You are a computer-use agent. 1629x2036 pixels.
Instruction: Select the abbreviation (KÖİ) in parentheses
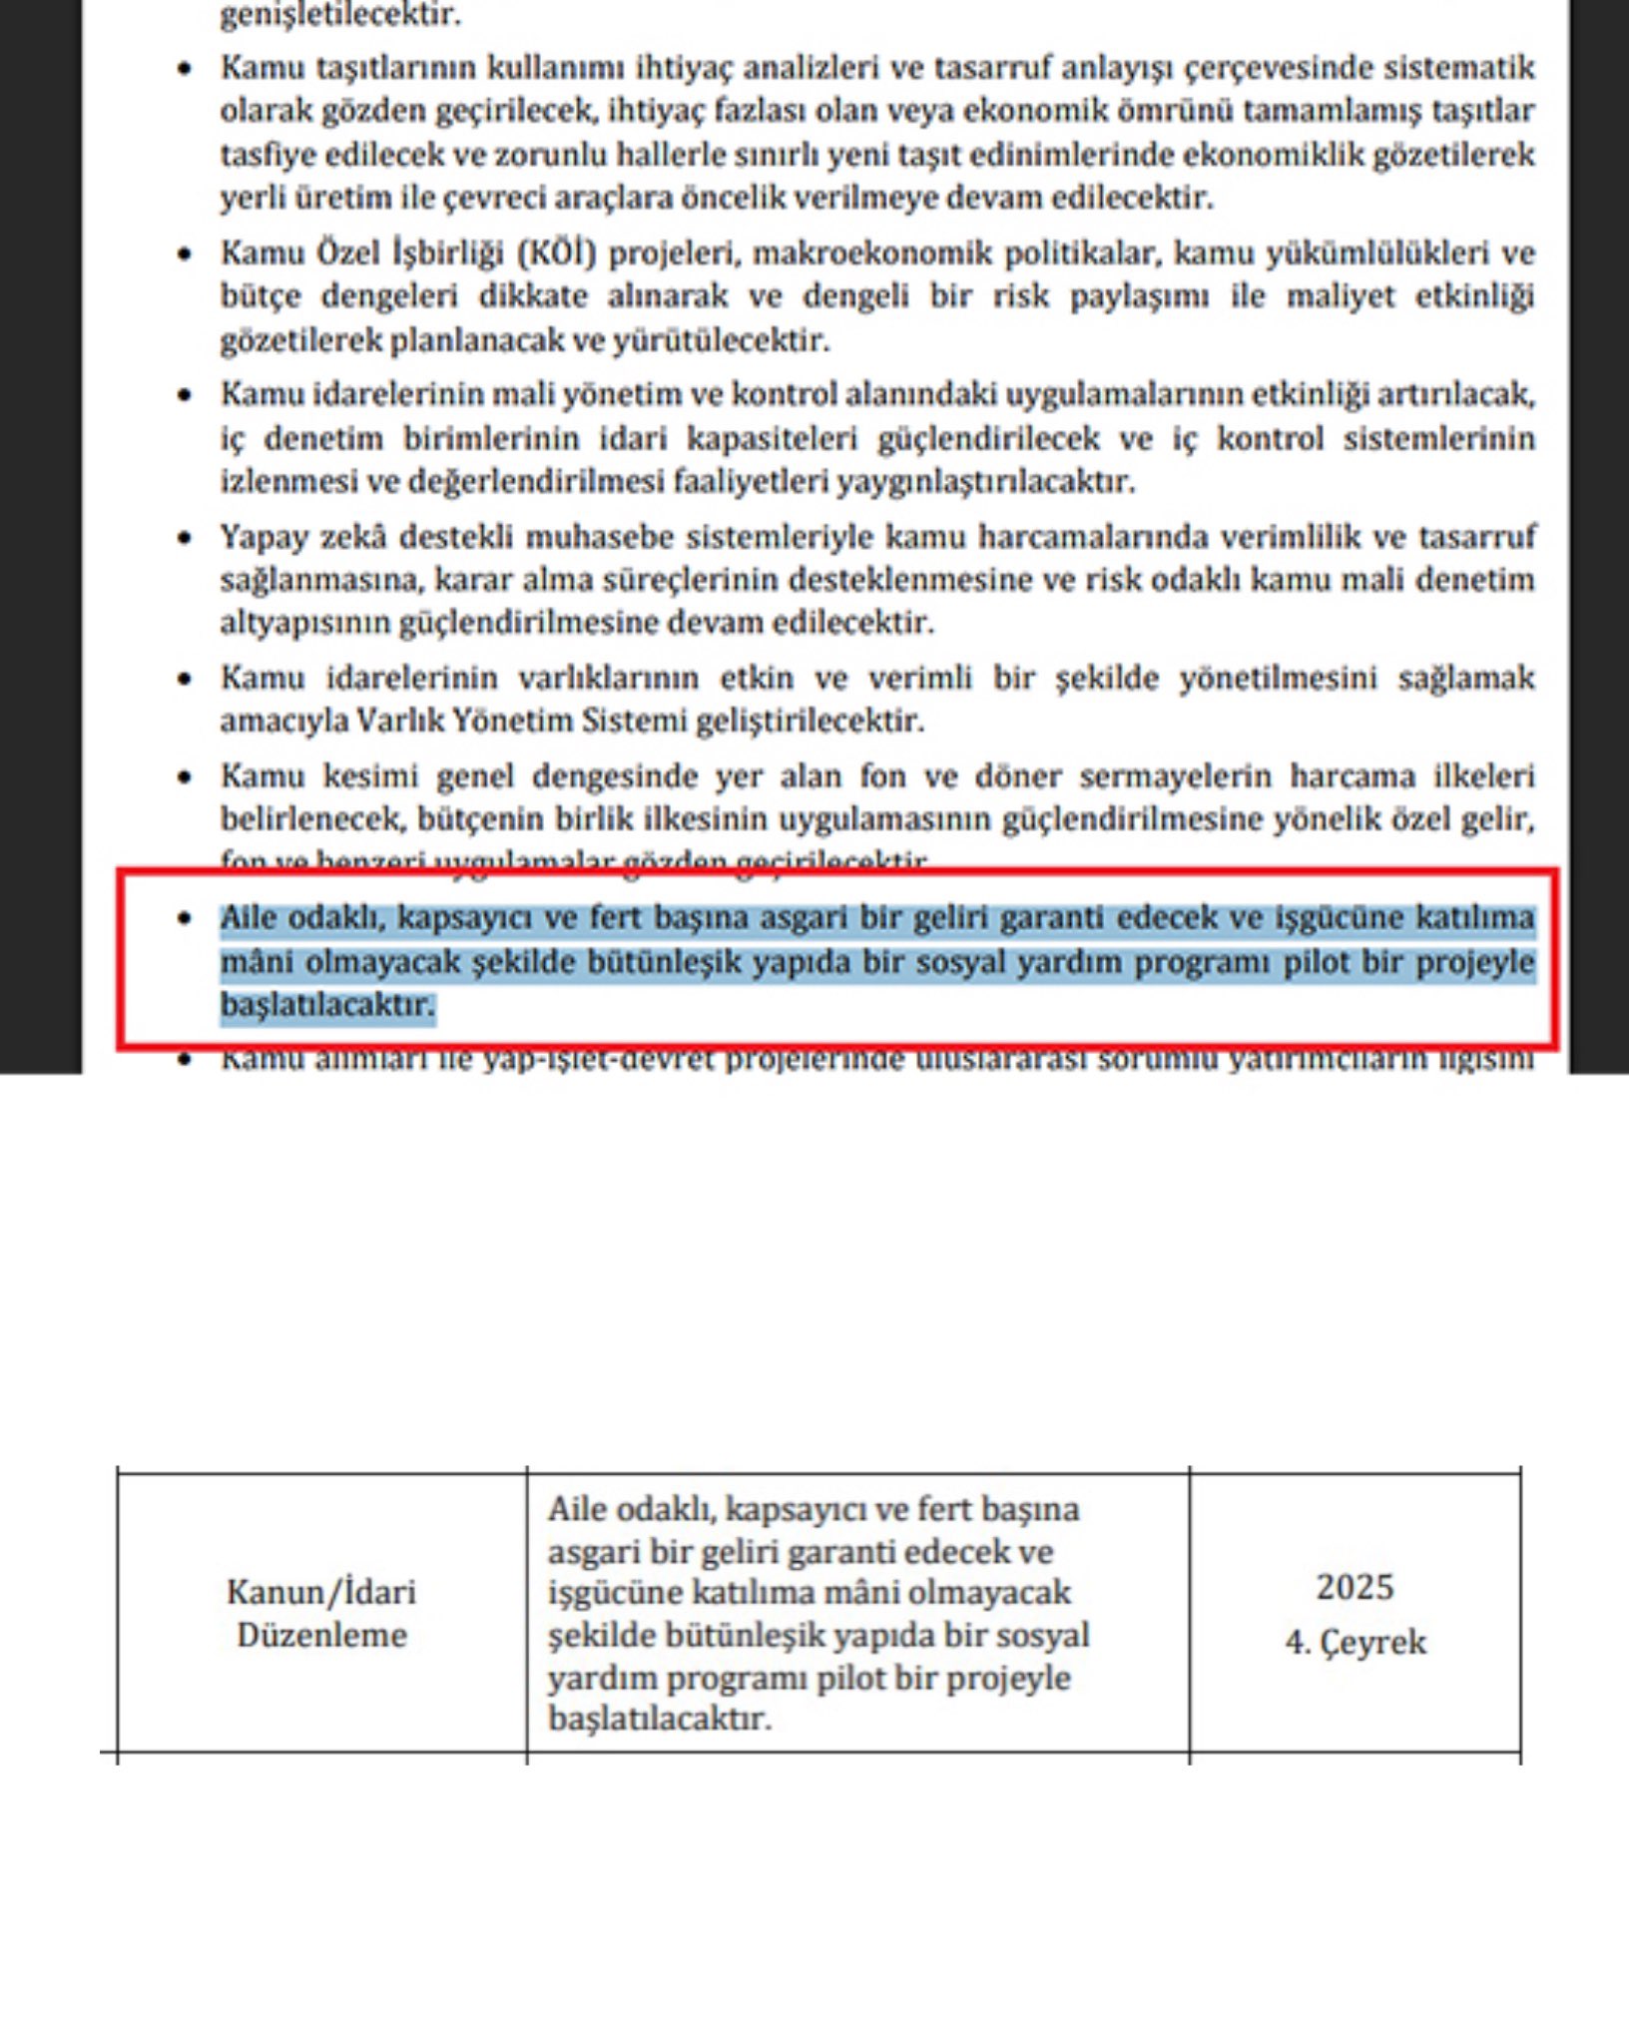point(557,254)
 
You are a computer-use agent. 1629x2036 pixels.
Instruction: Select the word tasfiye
point(263,155)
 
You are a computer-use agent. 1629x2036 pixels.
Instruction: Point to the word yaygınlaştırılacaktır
point(985,482)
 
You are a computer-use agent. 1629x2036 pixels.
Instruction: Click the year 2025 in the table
point(1355,1587)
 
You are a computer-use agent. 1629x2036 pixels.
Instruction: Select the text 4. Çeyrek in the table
point(1355,1642)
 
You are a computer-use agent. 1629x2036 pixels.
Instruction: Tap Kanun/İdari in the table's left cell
point(321,1591)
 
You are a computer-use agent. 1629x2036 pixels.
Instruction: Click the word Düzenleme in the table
point(321,1635)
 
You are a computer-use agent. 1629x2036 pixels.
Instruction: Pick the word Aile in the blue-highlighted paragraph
point(249,917)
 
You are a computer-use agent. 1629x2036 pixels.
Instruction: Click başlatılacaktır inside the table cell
point(660,1719)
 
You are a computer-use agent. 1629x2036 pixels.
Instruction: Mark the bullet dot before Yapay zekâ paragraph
point(184,538)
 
